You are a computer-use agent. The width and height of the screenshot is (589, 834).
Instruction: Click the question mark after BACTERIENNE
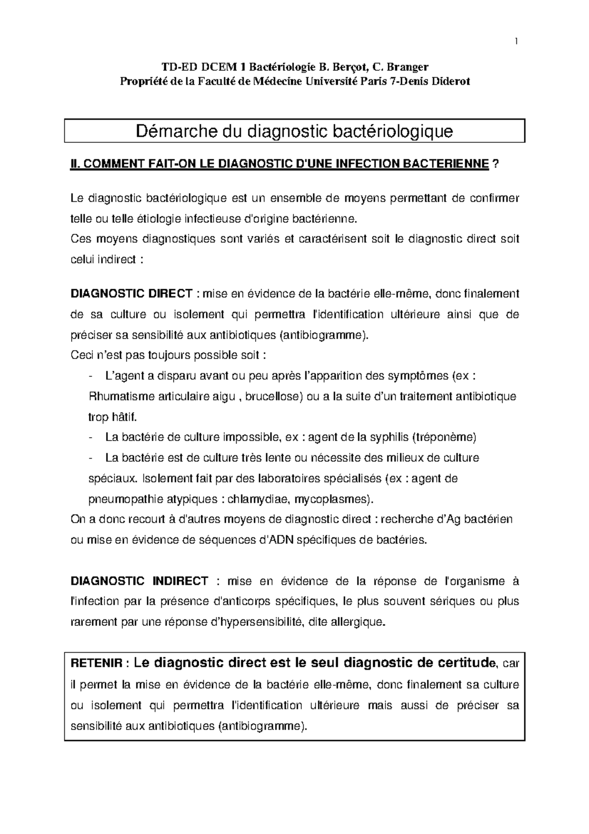[495, 164]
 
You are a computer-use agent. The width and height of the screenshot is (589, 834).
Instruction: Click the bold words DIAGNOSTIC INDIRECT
[140, 581]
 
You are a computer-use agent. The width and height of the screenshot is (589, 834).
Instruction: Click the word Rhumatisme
[116, 396]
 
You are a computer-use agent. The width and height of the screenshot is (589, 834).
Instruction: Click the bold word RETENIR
[96, 664]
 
